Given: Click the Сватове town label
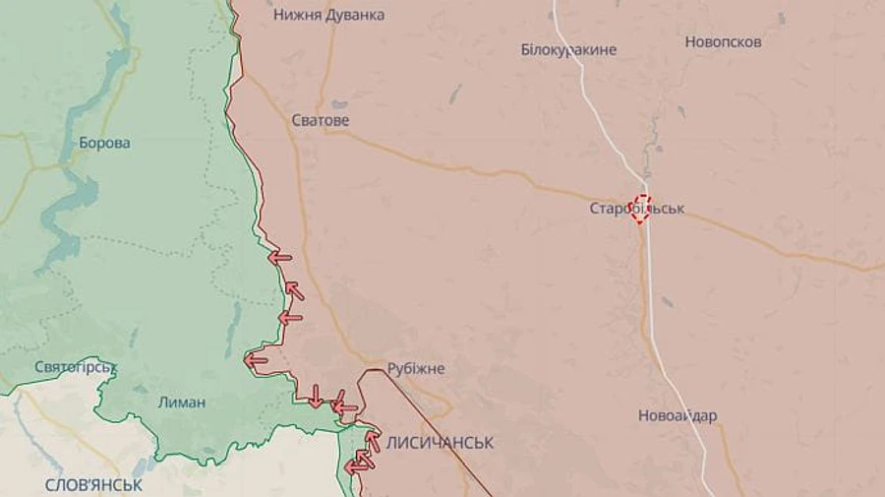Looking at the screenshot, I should [321, 120].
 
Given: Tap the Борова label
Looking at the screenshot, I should [104, 143].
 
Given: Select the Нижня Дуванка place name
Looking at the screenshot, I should [328, 15].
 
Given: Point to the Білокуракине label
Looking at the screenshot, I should [568, 49].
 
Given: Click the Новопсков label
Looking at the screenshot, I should [723, 42].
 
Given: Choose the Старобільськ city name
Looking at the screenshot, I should [636, 209].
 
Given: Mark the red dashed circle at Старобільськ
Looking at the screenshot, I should [641, 208].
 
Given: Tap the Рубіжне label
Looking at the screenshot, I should [416, 368].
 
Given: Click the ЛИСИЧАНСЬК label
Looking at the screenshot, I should [440, 443].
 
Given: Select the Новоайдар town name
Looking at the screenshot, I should [678, 415].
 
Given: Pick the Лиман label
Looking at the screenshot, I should [182, 402].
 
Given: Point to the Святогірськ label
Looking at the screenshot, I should [76, 367].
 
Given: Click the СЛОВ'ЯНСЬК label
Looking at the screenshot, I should [93, 485].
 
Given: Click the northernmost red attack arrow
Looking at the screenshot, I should [280, 258].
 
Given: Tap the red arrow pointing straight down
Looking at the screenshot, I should [315, 396].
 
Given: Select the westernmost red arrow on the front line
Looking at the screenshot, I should [256, 360].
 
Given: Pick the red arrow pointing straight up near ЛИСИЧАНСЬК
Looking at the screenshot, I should [374, 440].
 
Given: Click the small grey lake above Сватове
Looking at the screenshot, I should [338, 103].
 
